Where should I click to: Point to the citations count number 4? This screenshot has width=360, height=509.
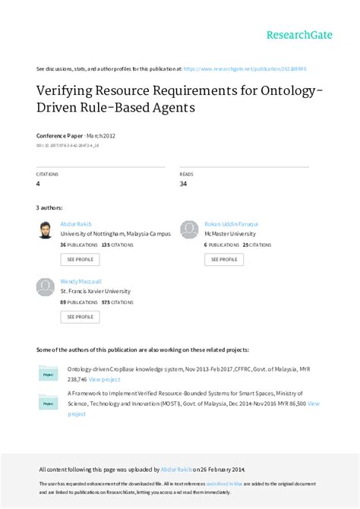[x=38, y=183]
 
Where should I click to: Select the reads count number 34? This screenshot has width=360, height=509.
[x=183, y=183]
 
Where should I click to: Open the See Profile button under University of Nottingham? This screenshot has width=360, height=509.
[x=80, y=259]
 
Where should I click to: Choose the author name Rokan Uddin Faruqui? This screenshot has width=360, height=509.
[x=231, y=224]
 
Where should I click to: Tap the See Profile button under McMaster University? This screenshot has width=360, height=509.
[x=223, y=259]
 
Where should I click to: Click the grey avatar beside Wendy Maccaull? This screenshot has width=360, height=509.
[x=46, y=286]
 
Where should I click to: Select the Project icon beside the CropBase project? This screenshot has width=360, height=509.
[x=48, y=374]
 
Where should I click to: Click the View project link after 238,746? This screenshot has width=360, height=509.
[x=104, y=379]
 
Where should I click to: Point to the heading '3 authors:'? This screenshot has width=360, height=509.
[x=49, y=207]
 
